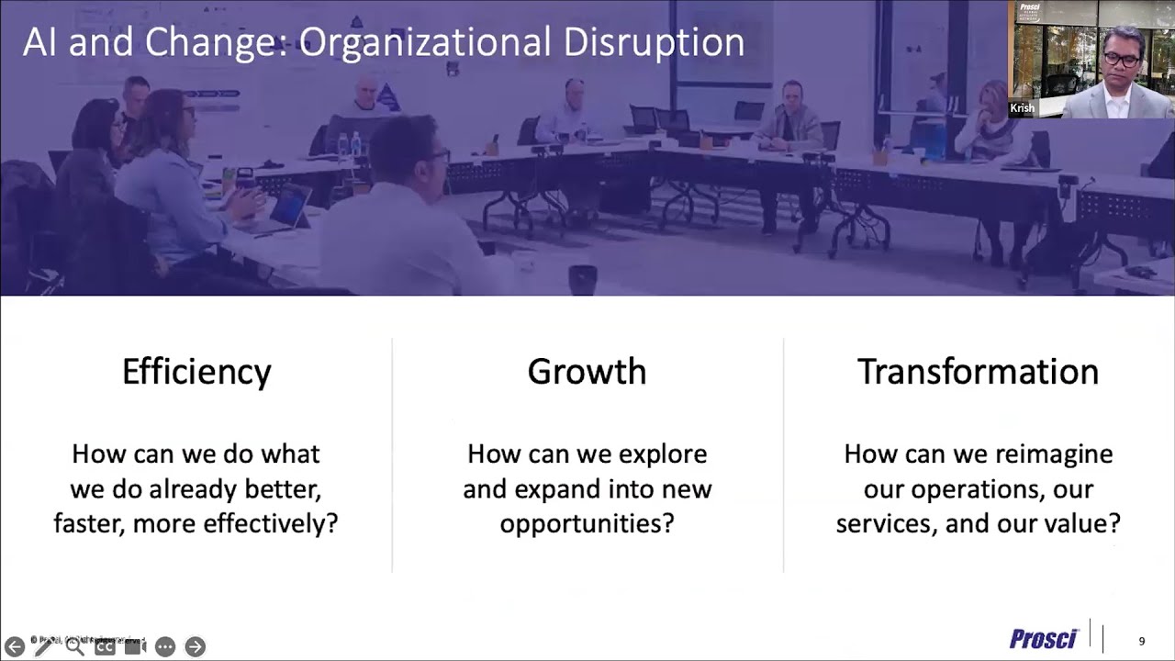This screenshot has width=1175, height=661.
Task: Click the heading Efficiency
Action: click(x=196, y=372)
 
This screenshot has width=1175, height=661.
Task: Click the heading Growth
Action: click(x=587, y=372)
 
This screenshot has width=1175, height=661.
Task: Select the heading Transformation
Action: click(x=978, y=372)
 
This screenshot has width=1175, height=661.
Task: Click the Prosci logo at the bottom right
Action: click(x=1043, y=639)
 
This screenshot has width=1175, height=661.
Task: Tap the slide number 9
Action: click(x=1142, y=641)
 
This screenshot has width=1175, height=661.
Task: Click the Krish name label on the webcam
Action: click(x=1022, y=108)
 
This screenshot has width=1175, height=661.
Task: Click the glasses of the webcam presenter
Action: click(x=1121, y=60)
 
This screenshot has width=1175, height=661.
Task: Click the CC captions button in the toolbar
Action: click(x=105, y=646)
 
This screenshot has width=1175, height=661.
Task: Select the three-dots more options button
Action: click(x=165, y=646)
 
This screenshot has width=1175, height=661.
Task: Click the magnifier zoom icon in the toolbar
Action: click(x=74, y=646)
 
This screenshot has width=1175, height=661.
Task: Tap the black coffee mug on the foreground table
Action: click(x=582, y=279)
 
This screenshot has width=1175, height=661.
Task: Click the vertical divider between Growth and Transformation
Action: click(x=783, y=454)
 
